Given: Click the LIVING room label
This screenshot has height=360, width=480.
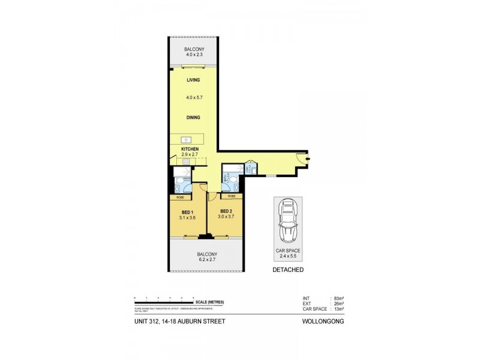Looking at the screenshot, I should (x=193, y=80).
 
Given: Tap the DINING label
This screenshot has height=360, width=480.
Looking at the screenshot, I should (x=193, y=118).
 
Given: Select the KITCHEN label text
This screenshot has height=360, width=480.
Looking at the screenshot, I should (x=190, y=149).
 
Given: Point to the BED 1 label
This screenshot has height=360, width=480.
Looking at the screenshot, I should (x=187, y=212).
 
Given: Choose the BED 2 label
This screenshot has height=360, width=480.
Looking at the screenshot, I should (x=226, y=211).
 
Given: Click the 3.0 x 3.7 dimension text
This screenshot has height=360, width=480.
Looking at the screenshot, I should (x=226, y=218).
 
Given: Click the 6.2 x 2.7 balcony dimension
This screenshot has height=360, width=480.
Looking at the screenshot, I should (x=207, y=260).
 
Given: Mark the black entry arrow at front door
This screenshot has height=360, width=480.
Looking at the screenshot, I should (x=307, y=158).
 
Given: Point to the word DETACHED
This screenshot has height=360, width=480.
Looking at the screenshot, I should (x=287, y=270).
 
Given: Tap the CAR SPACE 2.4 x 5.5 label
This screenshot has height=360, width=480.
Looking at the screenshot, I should (x=287, y=253).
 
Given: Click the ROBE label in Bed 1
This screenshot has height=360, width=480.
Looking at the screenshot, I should (x=180, y=197).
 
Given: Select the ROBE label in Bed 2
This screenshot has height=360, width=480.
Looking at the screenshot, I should (x=232, y=196).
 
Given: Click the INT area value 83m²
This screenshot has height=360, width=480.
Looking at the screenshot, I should (x=338, y=298).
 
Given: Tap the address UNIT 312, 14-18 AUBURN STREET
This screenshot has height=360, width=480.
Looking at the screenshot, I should (x=179, y=322).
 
